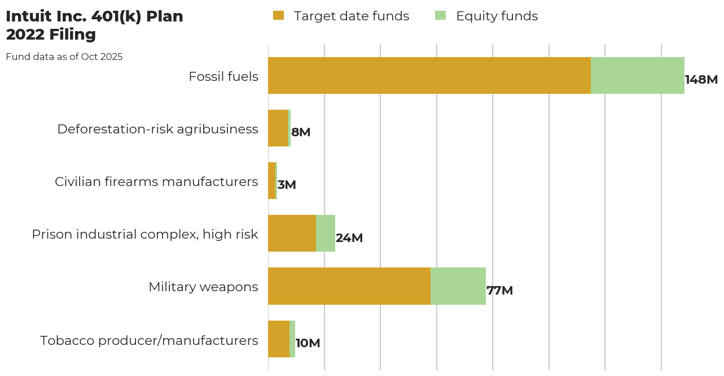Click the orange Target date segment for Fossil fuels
coord(429,75)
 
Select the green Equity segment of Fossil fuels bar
coord(637,75)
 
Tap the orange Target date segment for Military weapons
coord(349,286)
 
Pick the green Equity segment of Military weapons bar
coord(458,286)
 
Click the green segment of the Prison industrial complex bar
coord(325,234)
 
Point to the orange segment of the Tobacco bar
coord(278,339)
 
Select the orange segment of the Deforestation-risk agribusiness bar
coord(278,128)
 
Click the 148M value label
coord(701,80)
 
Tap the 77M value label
coord(499,291)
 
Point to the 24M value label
coord(349,238)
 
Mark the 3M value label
coord(287,185)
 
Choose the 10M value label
coord(308,343)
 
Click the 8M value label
coord(301,132)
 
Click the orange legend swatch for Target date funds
coord(278,16)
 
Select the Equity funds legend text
coord(497,16)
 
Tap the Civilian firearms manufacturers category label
coord(156,181)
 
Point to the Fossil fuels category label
coord(223,76)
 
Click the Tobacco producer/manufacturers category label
coord(149,340)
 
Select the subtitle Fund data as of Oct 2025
coord(64,57)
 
